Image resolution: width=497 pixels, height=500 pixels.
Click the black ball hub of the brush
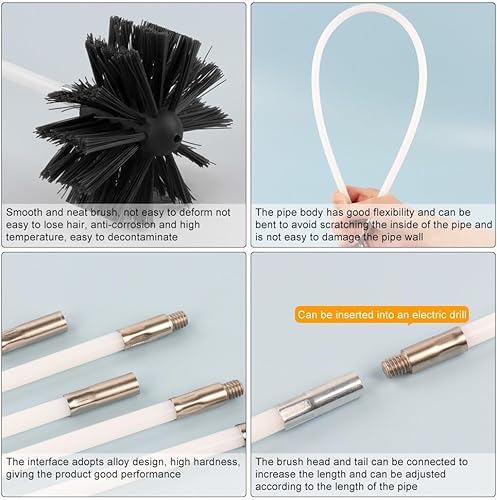click(164, 131)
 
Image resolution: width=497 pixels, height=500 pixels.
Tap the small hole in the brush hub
click(177, 137)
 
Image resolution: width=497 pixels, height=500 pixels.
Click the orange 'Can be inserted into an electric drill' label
click(382, 315)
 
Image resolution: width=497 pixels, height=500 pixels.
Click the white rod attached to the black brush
click(32, 76)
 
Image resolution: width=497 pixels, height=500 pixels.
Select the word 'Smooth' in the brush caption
click(24, 212)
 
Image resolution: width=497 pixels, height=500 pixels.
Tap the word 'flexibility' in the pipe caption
click(392, 212)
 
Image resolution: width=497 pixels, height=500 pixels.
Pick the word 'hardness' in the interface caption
click(217, 462)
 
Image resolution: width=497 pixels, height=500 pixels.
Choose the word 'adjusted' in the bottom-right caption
click(425, 474)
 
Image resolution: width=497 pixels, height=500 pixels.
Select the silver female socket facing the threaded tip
click(321, 402)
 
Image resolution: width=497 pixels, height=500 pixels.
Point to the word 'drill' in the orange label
click(458, 315)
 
